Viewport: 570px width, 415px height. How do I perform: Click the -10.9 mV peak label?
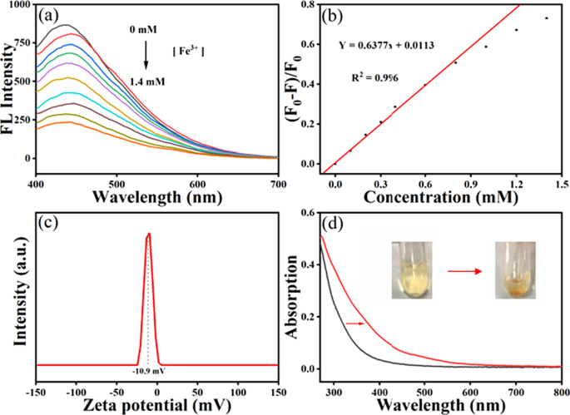150,370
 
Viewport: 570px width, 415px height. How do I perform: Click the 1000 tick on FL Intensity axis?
17,5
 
